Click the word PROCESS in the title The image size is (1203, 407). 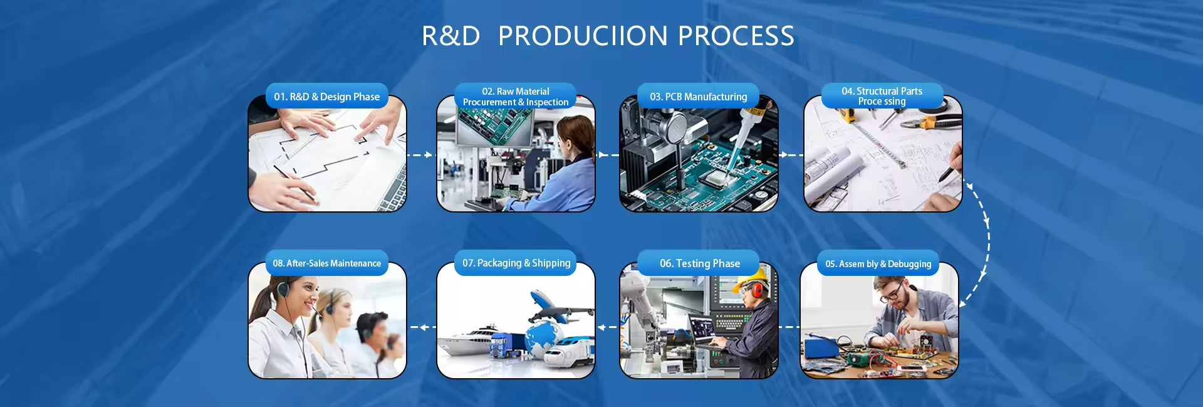pos(736,36)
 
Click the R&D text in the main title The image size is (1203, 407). pos(450,36)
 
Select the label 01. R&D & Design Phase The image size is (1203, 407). pos(326,97)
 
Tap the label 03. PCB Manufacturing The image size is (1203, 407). pos(698,97)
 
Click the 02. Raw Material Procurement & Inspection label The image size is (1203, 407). pos(516,97)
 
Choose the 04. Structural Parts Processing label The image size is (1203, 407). pos(882,96)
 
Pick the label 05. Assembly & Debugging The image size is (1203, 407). pos(878,264)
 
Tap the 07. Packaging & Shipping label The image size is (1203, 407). pos(516,263)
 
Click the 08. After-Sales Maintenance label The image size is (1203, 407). pos(326,263)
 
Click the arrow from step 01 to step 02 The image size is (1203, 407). pos(420,154)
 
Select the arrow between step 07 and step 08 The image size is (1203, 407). pos(423,327)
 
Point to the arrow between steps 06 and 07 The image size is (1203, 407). pos(607,327)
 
